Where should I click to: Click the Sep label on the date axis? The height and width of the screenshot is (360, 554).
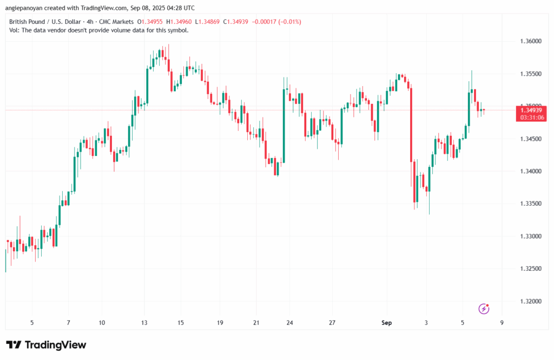pyautogui.click(x=386, y=323)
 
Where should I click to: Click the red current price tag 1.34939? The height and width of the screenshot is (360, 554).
pyautogui.click(x=532, y=110)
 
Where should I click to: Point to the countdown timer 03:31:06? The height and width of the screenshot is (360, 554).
pyautogui.click(x=532, y=117)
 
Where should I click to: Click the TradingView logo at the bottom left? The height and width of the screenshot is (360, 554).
pyautogui.click(x=46, y=345)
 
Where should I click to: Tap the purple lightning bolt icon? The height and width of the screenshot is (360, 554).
pyautogui.click(x=484, y=309)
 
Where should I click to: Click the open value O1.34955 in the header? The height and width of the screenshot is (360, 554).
pyautogui.click(x=153, y=22)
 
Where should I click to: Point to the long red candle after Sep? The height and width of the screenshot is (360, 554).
pyautogui.click(x=412, y=125)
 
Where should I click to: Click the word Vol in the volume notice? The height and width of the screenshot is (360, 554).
pyautogui.click(x=14, y=30)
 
